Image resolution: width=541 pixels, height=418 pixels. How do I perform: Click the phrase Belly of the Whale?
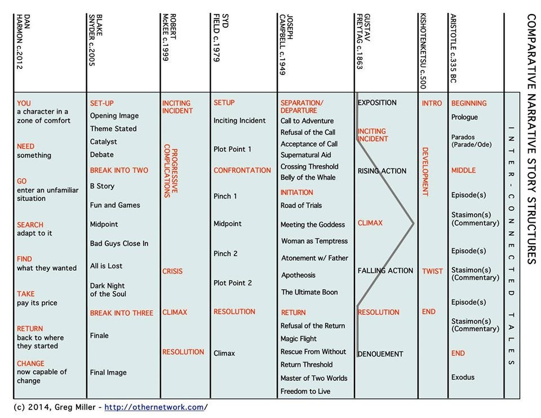click(x=308, y=178)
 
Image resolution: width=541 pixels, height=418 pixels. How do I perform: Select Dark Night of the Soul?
click(x=108, y=290)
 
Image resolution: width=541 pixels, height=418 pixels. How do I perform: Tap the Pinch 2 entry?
click(x=225, y=254)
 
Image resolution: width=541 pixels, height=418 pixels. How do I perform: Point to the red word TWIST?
click(x=432, y=271)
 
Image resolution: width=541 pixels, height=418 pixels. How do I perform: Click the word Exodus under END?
click(x=463, y=377)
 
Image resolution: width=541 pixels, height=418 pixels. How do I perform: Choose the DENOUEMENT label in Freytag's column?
click(x=380, y=354)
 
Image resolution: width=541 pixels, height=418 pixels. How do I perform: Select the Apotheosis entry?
click(x=298, y=275)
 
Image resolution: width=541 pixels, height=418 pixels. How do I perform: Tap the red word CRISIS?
click(x=172, y=271)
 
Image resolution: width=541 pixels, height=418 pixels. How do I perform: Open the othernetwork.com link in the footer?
click(x=154, y=407)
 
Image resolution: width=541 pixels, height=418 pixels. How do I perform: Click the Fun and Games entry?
click(x=115, y=205)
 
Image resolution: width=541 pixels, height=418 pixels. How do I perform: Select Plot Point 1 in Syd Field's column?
click(x=232, y=149)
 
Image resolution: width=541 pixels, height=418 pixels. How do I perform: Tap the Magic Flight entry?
click(x=299, y=339)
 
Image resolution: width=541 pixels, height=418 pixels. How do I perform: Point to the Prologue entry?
click(x=464, y=117)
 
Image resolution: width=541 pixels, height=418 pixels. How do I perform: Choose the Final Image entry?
click(x=108, y=372)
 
